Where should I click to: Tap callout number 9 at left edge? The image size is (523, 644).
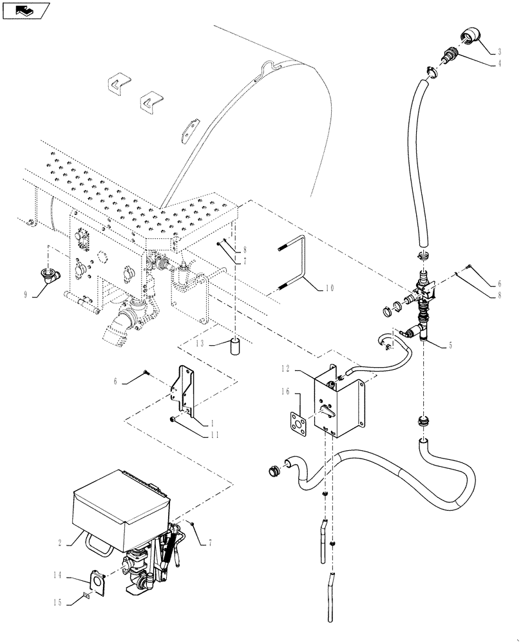point(26,294)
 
